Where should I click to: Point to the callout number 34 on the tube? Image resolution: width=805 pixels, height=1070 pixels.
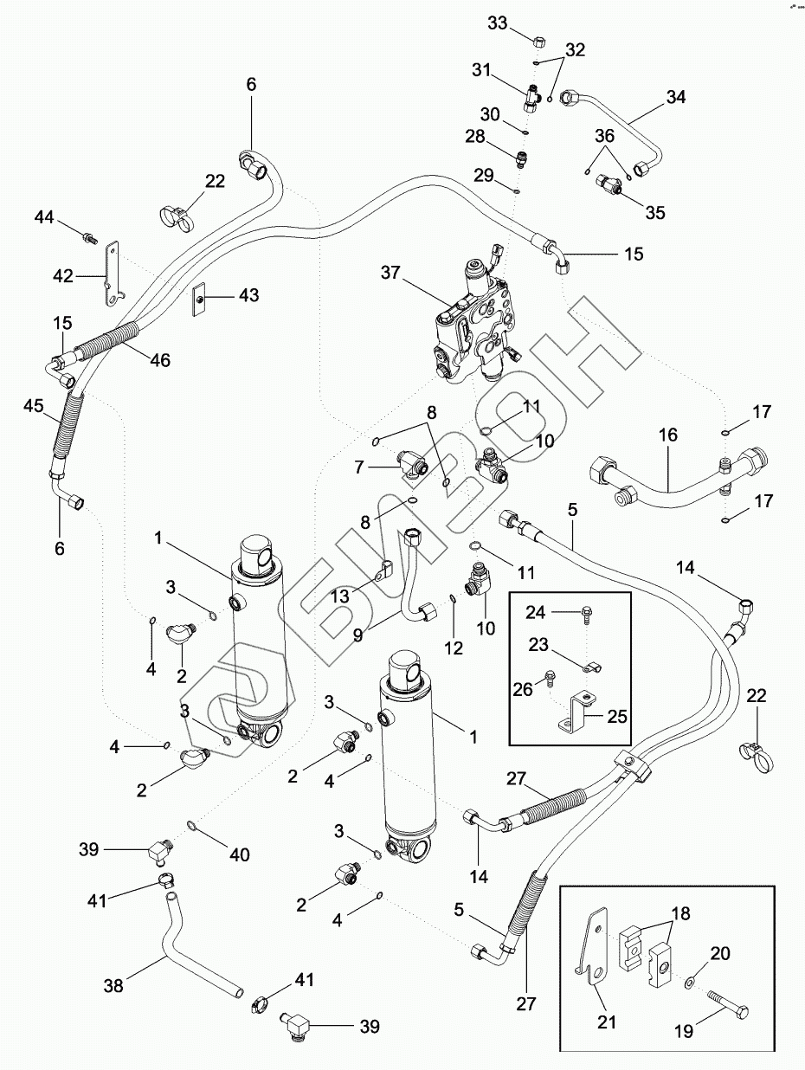click(675, 98)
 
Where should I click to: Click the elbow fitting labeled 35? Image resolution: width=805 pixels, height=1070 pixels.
click(609, 185)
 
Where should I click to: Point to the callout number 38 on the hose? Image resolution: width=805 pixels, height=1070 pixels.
click(114, 985)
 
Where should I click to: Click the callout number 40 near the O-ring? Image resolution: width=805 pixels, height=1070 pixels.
click(239, 854)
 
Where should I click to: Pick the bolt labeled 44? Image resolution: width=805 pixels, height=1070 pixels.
click(88, 235)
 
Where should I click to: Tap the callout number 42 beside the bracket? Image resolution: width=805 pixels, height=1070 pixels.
click(61, 276)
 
